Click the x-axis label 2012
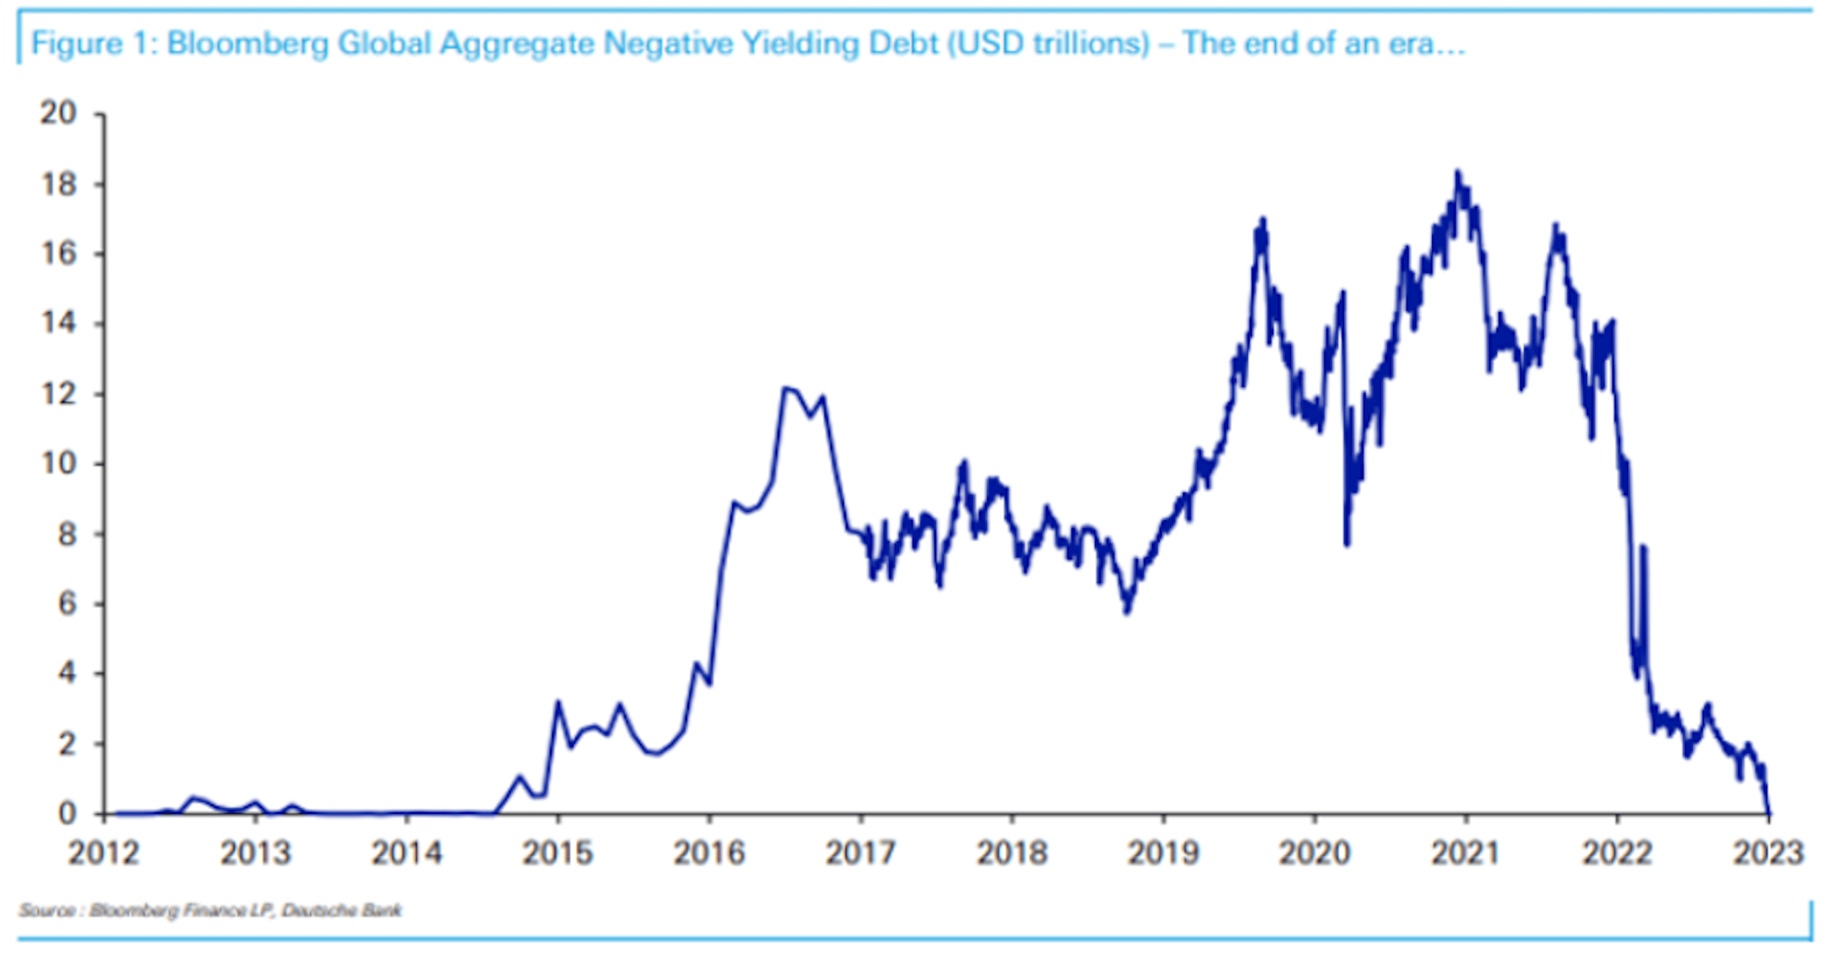tap(103, 853)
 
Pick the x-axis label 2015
tap(558, 853)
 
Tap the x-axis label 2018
tap(1012, 853)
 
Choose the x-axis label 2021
tap(1465, 853)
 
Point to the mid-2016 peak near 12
tap(785, 389)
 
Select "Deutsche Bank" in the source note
tap(342, 910)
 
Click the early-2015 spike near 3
tap(558, 704)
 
